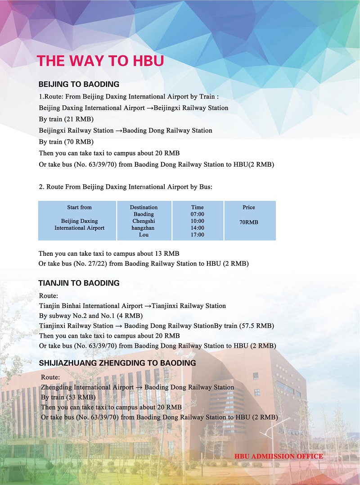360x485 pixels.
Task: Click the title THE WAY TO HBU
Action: (x=100, y=61)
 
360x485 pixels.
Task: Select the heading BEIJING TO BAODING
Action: (x=79, y=84)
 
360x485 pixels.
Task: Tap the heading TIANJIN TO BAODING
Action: (x=79, y=283)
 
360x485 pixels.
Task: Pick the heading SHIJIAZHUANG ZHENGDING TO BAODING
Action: (x=117, y=363)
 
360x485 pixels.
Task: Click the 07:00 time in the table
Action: (x=197, y=214)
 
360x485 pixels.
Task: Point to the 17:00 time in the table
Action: (x=197, y=235)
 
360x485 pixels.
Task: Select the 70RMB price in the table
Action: (x=248, y=222)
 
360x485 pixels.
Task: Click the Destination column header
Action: (x=144, y=207)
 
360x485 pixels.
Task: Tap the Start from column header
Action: (x=79, y=207)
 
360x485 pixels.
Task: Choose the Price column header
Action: (x=248, y=207)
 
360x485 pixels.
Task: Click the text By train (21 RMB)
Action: (x=66, y=119)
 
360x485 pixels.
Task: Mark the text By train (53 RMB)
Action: (x=68, y=398)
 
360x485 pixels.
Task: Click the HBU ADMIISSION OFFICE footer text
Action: (x=279, y=456)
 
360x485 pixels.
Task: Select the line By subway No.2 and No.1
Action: (x=91, y=316)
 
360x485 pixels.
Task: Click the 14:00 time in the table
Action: (x=197, y=228)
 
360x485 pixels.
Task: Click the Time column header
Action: (x=197, y=207)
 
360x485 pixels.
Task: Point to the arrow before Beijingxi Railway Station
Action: (x=150, y=108)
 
